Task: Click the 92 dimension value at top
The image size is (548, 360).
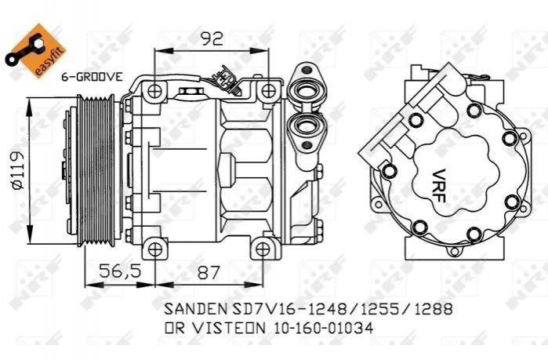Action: pos(212,38)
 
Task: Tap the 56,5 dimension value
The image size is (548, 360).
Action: pos(119,271)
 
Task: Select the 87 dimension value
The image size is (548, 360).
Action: pos(209,272)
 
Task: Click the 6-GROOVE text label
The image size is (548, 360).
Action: pos(92,77)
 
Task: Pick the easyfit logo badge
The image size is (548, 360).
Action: pos(35,51)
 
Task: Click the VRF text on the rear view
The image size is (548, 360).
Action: pos(440,186)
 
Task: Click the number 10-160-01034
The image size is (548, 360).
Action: pos(322,328)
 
